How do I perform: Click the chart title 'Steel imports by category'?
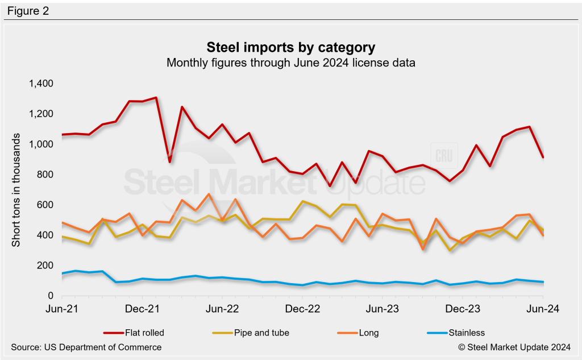coord(290,46)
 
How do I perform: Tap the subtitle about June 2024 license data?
coord(290,63)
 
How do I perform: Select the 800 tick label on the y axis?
coord(44,175)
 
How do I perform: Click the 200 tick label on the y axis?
coord(44,266)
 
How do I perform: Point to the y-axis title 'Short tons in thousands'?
coord(16,191)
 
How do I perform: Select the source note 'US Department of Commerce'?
coord(86,347)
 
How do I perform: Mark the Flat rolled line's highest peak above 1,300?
coord(155,98)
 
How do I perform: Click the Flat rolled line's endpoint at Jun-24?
coord(543,157)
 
